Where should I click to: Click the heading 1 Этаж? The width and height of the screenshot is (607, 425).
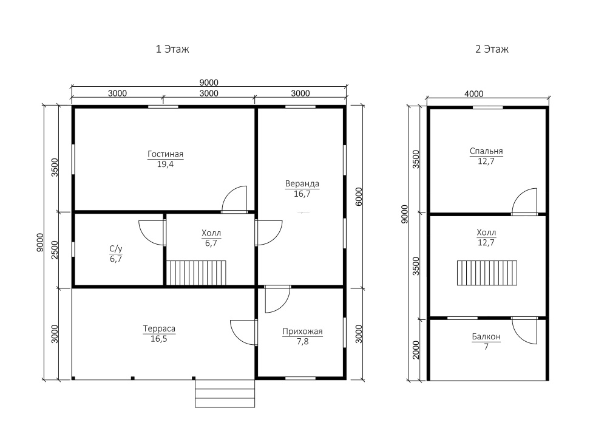172,49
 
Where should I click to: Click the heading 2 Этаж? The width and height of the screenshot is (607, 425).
492,49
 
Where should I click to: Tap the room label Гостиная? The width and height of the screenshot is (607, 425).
165,154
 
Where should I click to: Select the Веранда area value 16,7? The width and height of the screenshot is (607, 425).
302,194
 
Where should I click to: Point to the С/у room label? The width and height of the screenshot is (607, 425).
116,249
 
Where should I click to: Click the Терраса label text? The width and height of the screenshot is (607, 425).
159,329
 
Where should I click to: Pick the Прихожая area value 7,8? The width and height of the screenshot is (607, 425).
302,342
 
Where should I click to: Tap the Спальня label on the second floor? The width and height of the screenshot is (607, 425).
486,151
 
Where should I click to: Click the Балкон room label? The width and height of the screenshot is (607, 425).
486,337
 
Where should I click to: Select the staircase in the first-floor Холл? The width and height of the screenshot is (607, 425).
196,273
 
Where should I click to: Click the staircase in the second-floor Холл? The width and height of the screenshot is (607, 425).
487,273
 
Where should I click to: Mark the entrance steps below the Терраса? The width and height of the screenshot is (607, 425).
225,393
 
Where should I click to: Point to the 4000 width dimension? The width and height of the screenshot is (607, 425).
474,94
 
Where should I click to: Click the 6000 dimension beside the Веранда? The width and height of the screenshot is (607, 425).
359,197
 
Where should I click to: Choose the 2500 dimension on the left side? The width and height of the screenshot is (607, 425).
55,250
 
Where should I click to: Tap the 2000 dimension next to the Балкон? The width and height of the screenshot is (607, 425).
416,350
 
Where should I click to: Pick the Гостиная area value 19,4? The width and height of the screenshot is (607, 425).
165,164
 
